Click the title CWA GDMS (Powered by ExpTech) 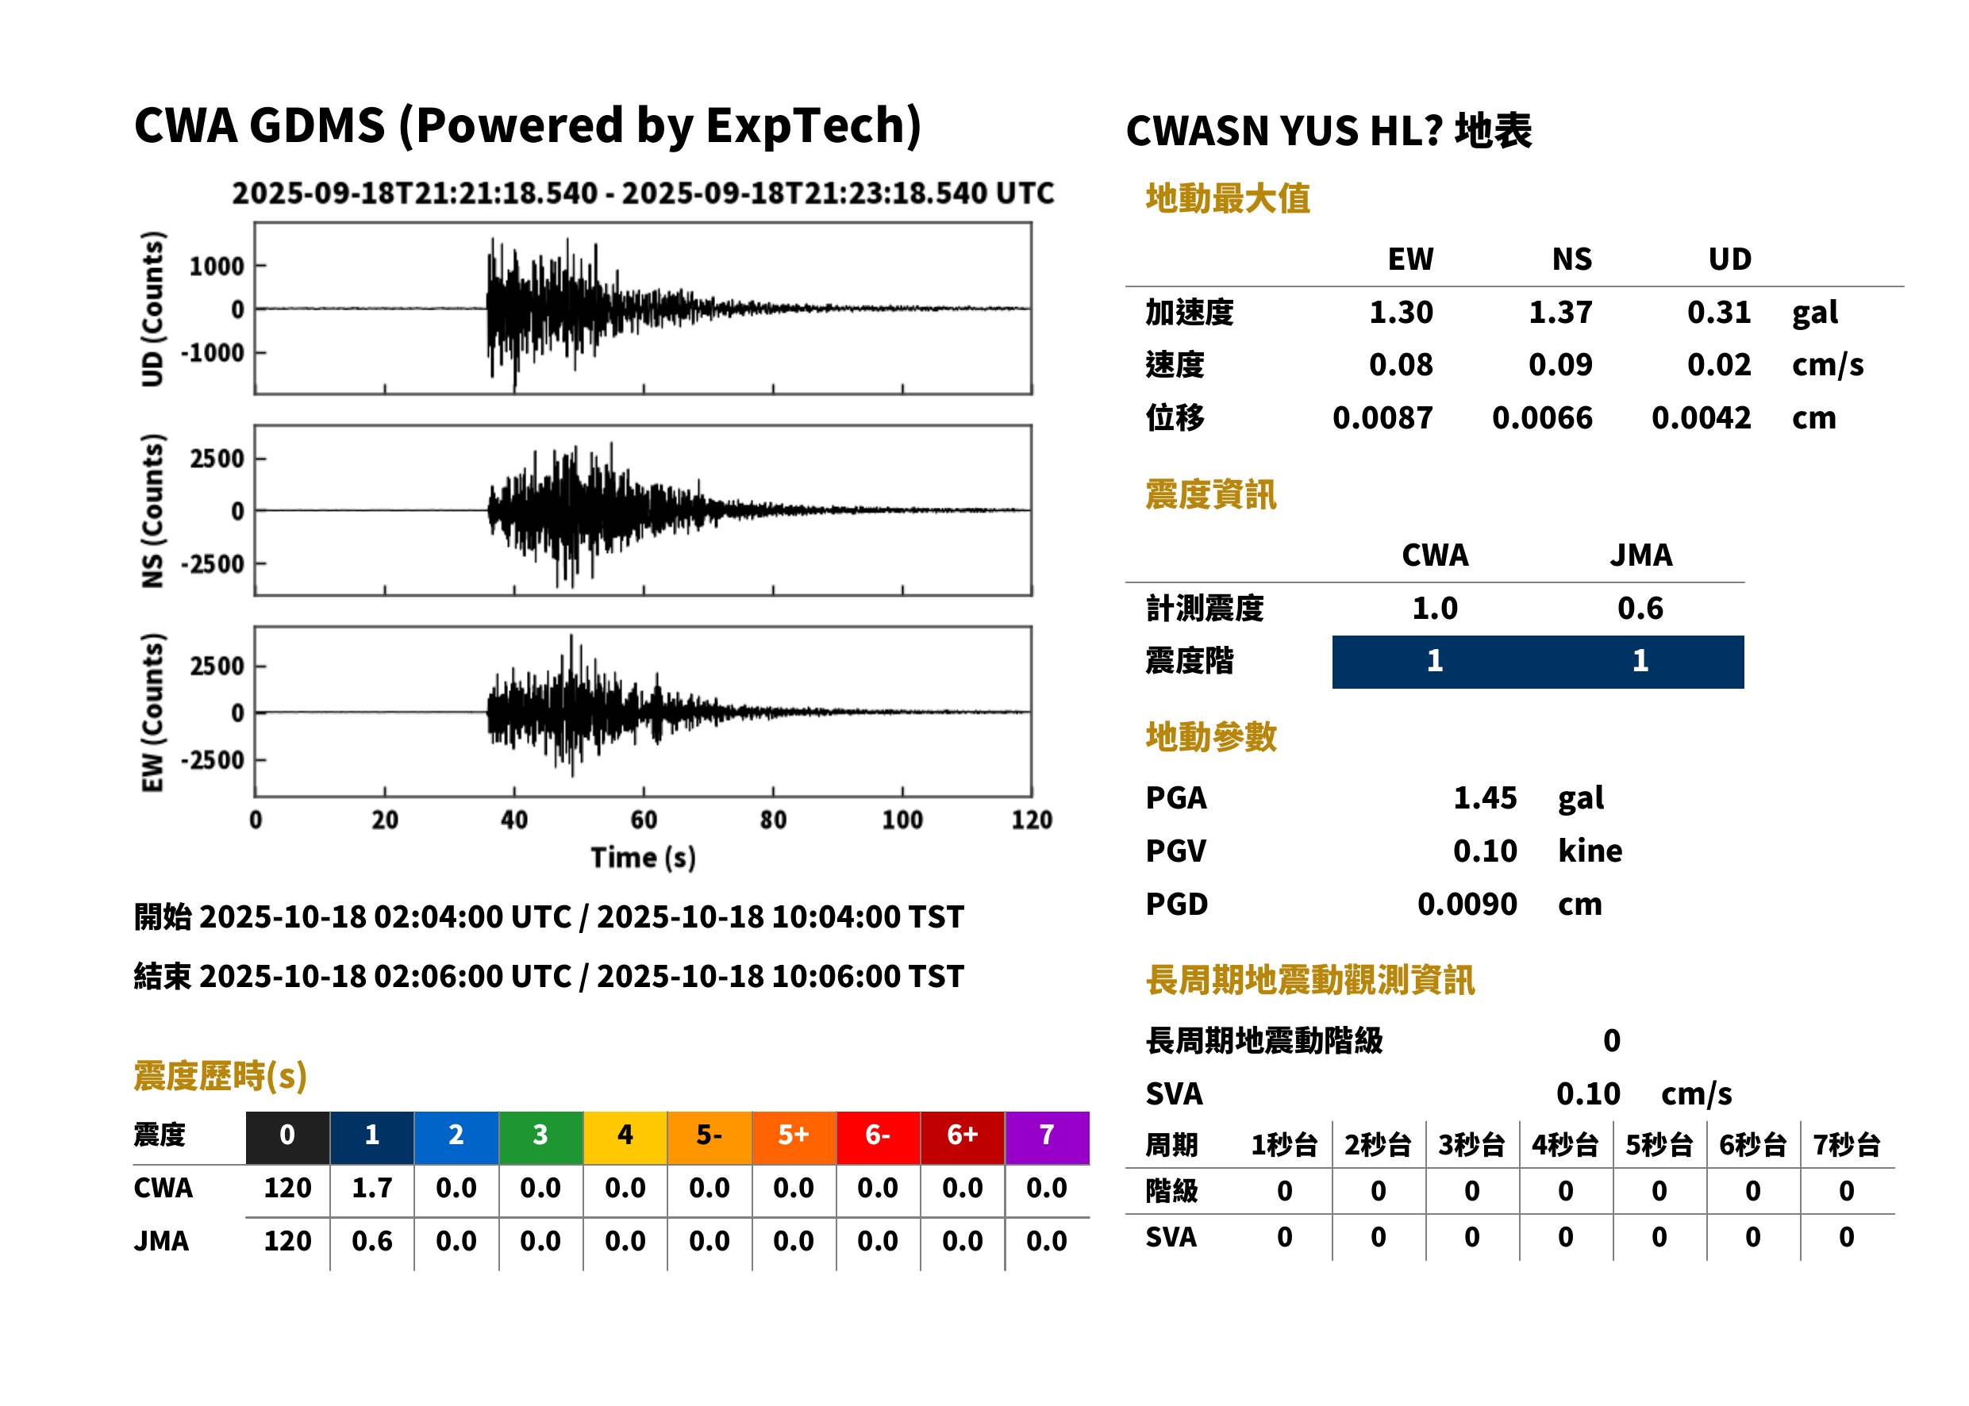tap(527, 126)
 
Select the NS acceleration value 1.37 tap(1559, 312)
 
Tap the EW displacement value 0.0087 tap(1382, 418)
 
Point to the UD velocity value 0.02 tap(1719, 364)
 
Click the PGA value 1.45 tap(1484, 797)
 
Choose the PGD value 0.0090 tap(1467, 904)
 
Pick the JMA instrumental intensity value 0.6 tap(1640, 608)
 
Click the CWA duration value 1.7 tap(372, 1188)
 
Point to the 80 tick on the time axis tap(773, 820)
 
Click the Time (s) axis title tap(644, 857)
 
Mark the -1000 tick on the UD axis tap(213, 353)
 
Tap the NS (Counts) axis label tap(152, 511)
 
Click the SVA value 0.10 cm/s tap(1644, 1094)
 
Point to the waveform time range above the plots tap(644, 193)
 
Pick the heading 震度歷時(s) tap(221, 1076)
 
